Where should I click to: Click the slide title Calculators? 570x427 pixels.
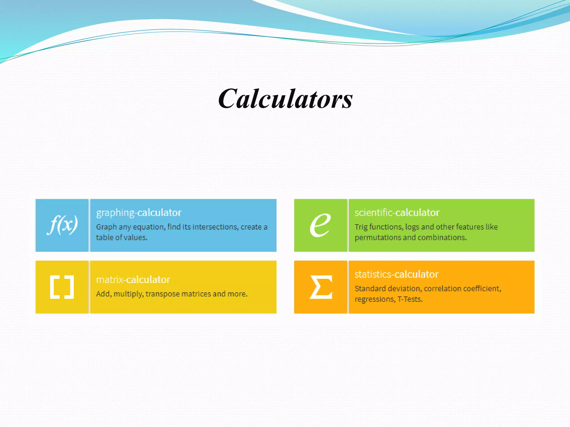click(285, 99)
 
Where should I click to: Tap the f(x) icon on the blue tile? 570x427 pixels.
click(62, 225)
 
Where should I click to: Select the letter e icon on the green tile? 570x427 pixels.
click(320, 225)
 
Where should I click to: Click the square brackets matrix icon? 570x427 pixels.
click(62, 287)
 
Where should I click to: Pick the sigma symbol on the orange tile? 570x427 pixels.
click(321, 287)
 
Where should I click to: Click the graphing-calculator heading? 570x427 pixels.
click(139, 213)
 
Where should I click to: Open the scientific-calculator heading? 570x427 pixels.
click(397, 213)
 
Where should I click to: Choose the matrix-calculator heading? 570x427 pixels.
click(133, 280)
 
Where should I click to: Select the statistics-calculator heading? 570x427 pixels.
click(396, 274)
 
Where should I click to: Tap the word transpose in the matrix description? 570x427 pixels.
click(163, 294)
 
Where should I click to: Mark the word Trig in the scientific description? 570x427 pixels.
click(361, 227)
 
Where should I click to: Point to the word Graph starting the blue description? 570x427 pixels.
click(106, 227)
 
